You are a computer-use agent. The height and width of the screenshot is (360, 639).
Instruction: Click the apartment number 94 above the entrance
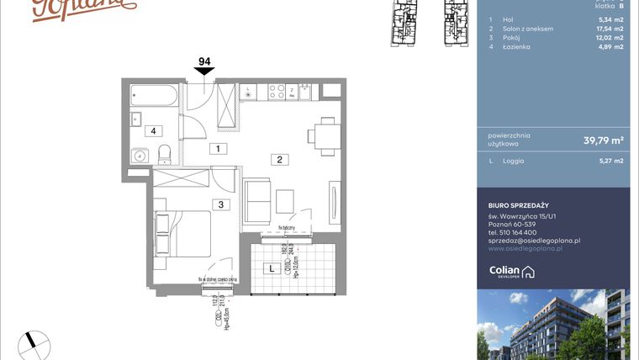[x=203, y=61]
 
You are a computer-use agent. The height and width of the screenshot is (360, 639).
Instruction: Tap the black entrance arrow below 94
[x=203, y=75]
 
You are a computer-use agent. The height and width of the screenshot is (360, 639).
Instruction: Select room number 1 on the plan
[x=217, y=149]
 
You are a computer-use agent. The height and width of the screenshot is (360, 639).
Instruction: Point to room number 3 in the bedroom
[x=219, y=204]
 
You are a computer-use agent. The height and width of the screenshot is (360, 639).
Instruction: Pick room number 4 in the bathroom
[x=153, y=130]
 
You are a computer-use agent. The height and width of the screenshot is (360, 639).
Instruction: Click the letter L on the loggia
[x=271, y=269]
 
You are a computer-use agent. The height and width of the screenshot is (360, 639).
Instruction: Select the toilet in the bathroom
[x=165, y=154]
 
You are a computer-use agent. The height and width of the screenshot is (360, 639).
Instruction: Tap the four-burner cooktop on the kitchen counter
[x=274, y=93]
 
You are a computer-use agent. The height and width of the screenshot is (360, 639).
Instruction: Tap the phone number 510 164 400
[x=528, y=233]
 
